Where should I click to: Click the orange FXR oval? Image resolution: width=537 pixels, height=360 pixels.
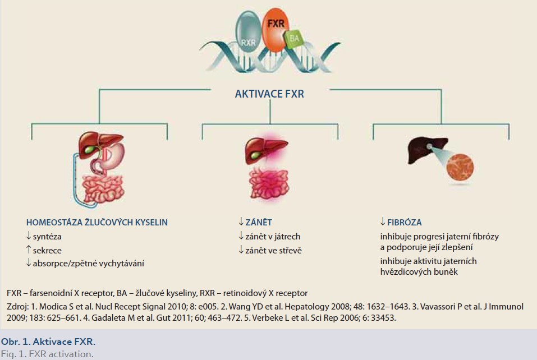[276, 30]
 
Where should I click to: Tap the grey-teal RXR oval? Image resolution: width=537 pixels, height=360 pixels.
[248, 31]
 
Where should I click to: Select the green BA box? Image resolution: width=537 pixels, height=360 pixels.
[294, 38]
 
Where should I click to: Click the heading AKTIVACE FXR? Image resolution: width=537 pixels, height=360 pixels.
[269, 94]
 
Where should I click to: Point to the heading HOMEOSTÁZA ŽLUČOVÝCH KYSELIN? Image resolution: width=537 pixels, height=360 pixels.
[97, 223]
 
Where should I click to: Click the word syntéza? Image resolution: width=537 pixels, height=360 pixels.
[47, 237]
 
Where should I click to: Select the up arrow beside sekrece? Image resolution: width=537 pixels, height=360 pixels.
[29, 250]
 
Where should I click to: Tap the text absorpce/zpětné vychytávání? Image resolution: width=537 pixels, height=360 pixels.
[88, 264]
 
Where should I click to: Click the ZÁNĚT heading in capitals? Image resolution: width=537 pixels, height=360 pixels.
[259, 223]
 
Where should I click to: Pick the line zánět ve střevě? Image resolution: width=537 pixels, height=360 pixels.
[273, 251]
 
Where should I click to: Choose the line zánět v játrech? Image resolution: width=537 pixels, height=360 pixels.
[273, 237]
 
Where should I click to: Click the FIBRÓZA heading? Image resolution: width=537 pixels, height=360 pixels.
[404, 223]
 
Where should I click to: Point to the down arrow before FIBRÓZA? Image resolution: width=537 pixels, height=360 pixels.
[383, 221]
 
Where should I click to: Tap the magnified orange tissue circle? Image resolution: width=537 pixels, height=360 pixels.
[460, 167]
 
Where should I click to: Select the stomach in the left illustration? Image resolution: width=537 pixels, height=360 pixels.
[113, 156]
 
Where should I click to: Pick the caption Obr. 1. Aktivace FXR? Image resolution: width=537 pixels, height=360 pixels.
[48, 341]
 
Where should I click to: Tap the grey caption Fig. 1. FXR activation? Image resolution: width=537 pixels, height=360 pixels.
[47, 354]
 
